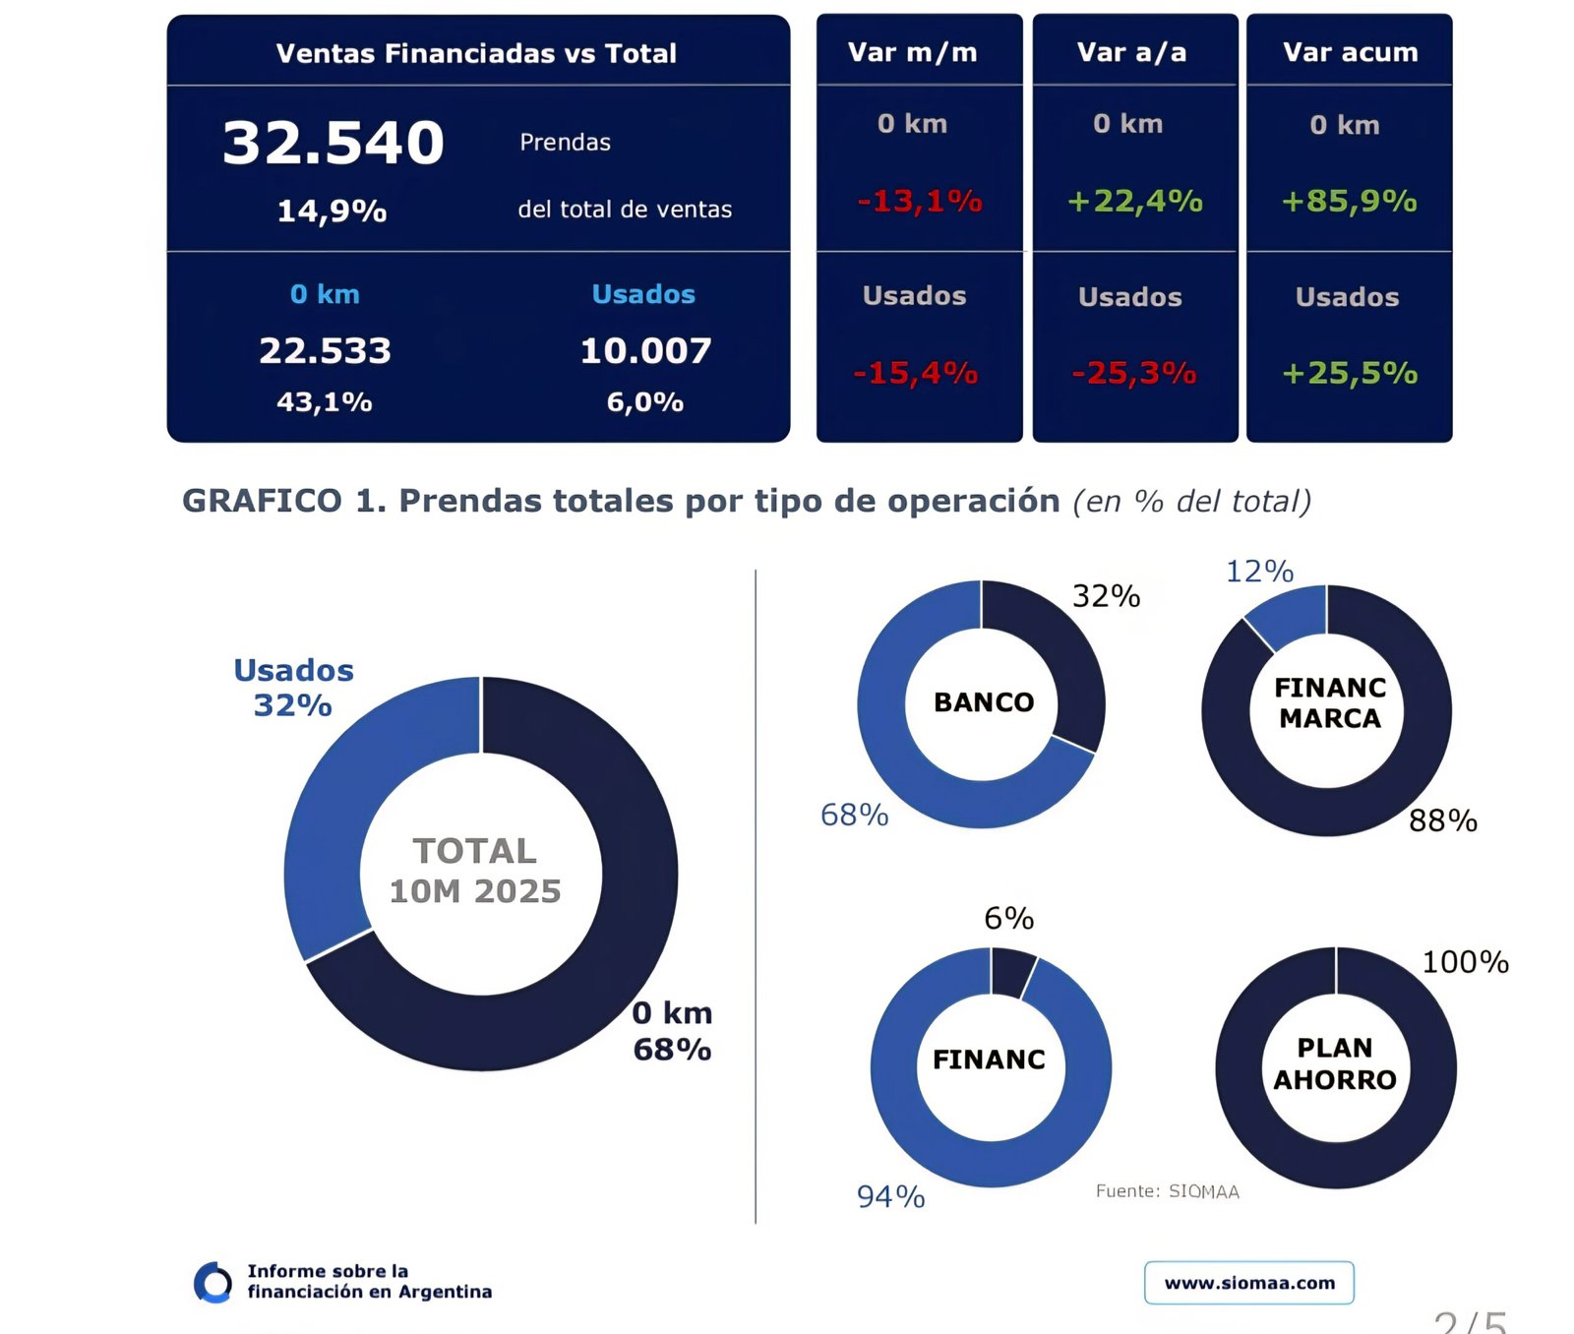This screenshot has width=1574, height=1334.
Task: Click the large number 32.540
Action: tap(333, 143)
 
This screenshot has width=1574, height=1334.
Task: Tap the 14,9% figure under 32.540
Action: tap(332, 211)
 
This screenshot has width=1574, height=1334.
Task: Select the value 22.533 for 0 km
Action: tap(325, 351)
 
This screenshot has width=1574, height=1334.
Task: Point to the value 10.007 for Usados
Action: tap(645, 351)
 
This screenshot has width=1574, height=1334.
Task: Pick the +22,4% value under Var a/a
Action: tap(1134, 202)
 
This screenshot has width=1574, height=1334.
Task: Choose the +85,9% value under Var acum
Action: tap(1349, 202)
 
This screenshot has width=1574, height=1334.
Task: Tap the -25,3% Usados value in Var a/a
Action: tap(1134, 374)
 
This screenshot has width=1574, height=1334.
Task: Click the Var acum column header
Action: tap(1350, 52)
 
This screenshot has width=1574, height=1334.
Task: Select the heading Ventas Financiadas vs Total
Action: tap(476, 53)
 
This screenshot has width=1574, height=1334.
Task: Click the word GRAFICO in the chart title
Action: tap(262, 501)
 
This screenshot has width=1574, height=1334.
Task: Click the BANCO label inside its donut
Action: tap(984, 702)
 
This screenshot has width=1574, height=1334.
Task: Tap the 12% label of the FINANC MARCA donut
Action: tap(1259, 572)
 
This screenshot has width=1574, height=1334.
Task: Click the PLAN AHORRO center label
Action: tap(1335, 1064)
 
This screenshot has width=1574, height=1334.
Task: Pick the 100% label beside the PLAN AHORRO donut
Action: tap(1465, 962)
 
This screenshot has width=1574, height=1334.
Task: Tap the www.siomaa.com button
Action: tap(1249, 1283)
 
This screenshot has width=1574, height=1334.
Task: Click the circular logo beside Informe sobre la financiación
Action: tap(213, 1282)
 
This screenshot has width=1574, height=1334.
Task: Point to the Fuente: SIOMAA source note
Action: tap(1167, 1191)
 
